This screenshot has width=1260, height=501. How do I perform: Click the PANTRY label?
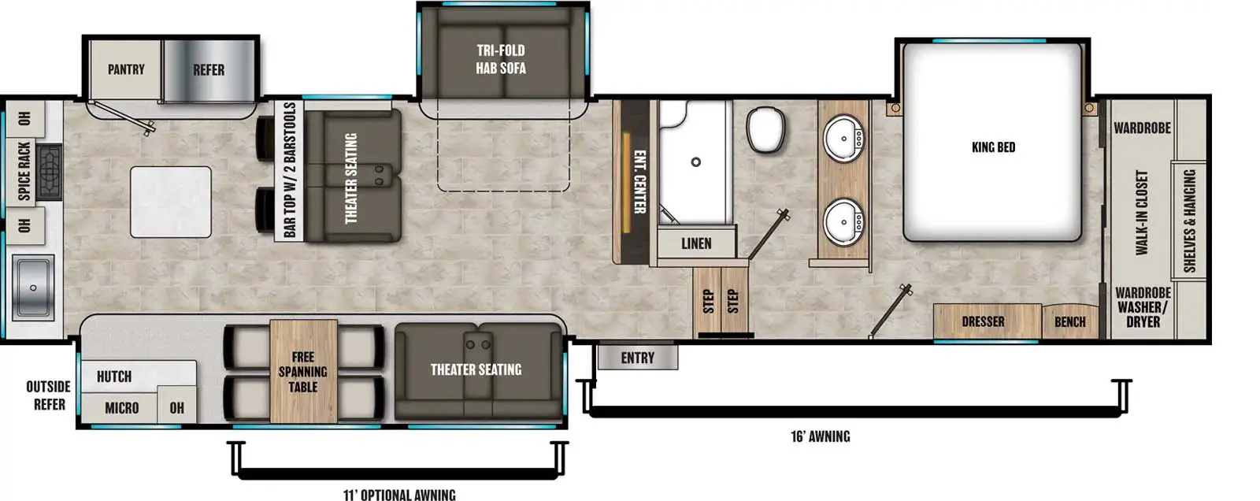pos(126,70)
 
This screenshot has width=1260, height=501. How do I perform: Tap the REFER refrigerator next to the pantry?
pos(209,70)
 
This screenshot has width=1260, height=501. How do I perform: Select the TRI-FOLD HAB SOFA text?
pos(501,59)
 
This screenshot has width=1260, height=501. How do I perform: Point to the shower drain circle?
pos(695,162)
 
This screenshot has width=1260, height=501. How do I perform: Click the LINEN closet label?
pos(696,243)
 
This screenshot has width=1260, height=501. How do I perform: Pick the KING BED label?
pos(993,147)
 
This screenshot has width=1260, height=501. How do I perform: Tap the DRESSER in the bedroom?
pos(983,321)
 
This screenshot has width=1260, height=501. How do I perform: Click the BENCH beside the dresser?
pos(1069,321)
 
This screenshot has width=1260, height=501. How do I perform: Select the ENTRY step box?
pos(637,358)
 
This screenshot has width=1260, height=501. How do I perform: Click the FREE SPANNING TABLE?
pos(303,372)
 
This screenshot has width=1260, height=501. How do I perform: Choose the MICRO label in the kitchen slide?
pos(122,408)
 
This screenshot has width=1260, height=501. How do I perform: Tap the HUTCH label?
pos(114,377)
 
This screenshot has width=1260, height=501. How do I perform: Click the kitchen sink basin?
pos(32,288)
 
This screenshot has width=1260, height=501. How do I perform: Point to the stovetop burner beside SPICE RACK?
pos(49,171)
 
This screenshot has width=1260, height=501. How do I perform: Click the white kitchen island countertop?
pos(170,202)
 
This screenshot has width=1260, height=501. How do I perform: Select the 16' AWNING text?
pos(820,436)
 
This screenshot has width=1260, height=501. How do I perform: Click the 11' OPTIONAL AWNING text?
pos(399,495)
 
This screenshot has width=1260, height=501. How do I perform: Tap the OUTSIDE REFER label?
pos(49,395)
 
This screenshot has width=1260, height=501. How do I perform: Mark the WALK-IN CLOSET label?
pos(1142,213)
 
